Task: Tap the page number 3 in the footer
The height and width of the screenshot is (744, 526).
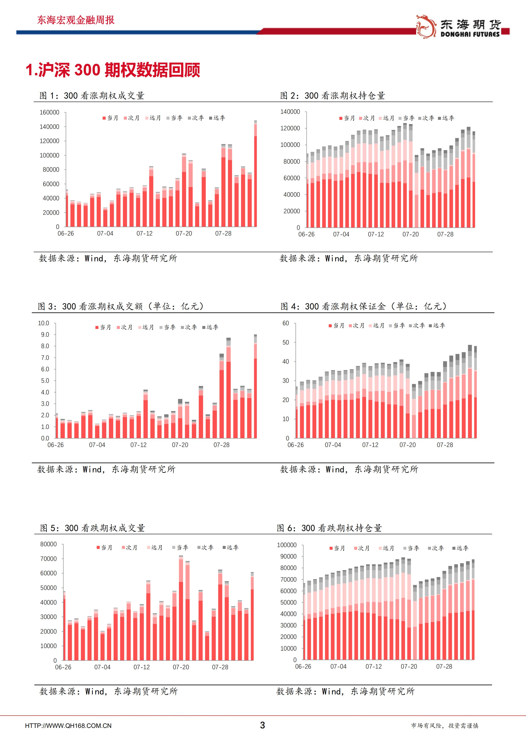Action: [x=263, y=725]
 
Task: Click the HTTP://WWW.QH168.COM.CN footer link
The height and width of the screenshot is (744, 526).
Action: [x=68, y=726]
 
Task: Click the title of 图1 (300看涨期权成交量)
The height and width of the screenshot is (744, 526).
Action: [x=92, y=96]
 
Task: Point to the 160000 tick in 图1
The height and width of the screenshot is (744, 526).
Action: [x=49, y=112]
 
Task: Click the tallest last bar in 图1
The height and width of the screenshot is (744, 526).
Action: [x=255, y=173]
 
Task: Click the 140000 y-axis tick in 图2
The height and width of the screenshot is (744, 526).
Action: [x=290, y=112]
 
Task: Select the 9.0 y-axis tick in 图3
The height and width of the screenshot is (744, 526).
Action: [x=45, y=335]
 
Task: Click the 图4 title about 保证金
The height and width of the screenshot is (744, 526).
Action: [x=363, y=306]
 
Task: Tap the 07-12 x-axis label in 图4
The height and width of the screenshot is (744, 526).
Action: [x=370, y=445]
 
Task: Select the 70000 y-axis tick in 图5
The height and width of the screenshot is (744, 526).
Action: [x=48, y=559]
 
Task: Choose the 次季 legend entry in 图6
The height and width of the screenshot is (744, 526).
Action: [x=436, y=548]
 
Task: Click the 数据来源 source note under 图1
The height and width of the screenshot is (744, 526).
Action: [x=108, y=258]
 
